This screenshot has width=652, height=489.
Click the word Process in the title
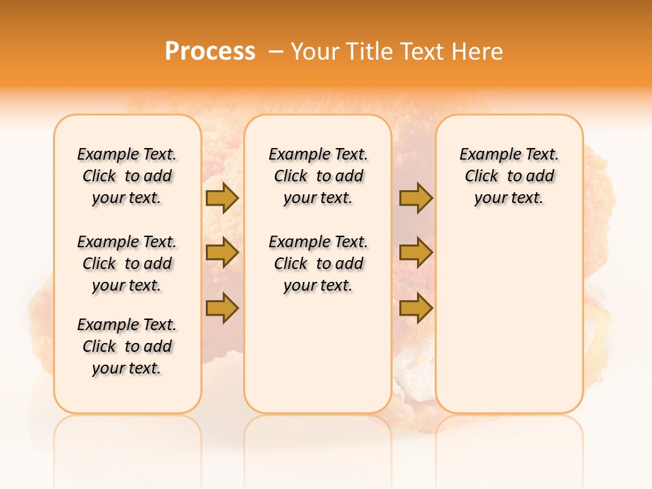(210, 51)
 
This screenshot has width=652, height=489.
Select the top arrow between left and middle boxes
(222, 198)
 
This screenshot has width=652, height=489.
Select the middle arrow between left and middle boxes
(222, 253)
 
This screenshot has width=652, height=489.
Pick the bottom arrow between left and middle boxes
(222, 308)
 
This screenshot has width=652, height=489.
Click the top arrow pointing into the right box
(416, 198)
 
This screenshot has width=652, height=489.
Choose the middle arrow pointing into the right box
(416, 253)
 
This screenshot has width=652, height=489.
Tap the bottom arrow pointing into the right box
(416, 308)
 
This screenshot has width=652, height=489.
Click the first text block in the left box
(127, 176)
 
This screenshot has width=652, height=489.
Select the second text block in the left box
(127, 264)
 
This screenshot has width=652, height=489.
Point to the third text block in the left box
(127, 346)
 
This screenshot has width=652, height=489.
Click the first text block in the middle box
(318, 176)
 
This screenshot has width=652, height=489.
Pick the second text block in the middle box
(318, 264)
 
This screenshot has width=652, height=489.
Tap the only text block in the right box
(509, 176)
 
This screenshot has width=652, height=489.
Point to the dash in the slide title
(275, 52)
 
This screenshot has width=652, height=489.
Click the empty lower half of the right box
(509, 326)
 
